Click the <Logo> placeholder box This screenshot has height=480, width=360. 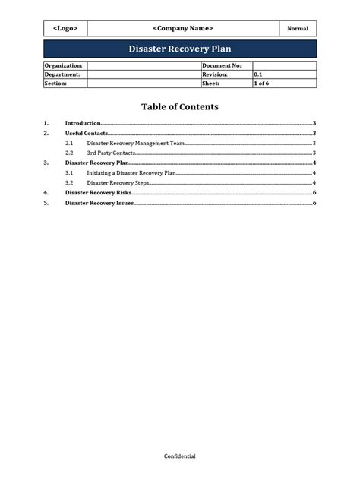click(65, 29)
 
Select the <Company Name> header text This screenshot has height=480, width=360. click(183, 29)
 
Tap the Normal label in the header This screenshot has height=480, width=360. click(297, 29)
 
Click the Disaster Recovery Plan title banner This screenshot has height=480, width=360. click(180, 49)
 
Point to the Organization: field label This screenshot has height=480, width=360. click(64, 66)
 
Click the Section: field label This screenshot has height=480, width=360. click(57, 84)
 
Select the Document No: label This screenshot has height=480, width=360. click(222, 66)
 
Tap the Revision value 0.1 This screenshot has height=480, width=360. click(258, 75)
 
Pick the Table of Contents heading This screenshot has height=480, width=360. click(180, 107)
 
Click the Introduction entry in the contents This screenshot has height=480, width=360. click(83, 122)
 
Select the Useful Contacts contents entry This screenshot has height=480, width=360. click(87, 133)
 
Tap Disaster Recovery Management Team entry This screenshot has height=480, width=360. click(136, 143)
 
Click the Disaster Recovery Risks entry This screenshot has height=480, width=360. click(98, 193)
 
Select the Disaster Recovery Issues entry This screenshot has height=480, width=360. click(99, 203)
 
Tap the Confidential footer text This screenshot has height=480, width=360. click(180, 456)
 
